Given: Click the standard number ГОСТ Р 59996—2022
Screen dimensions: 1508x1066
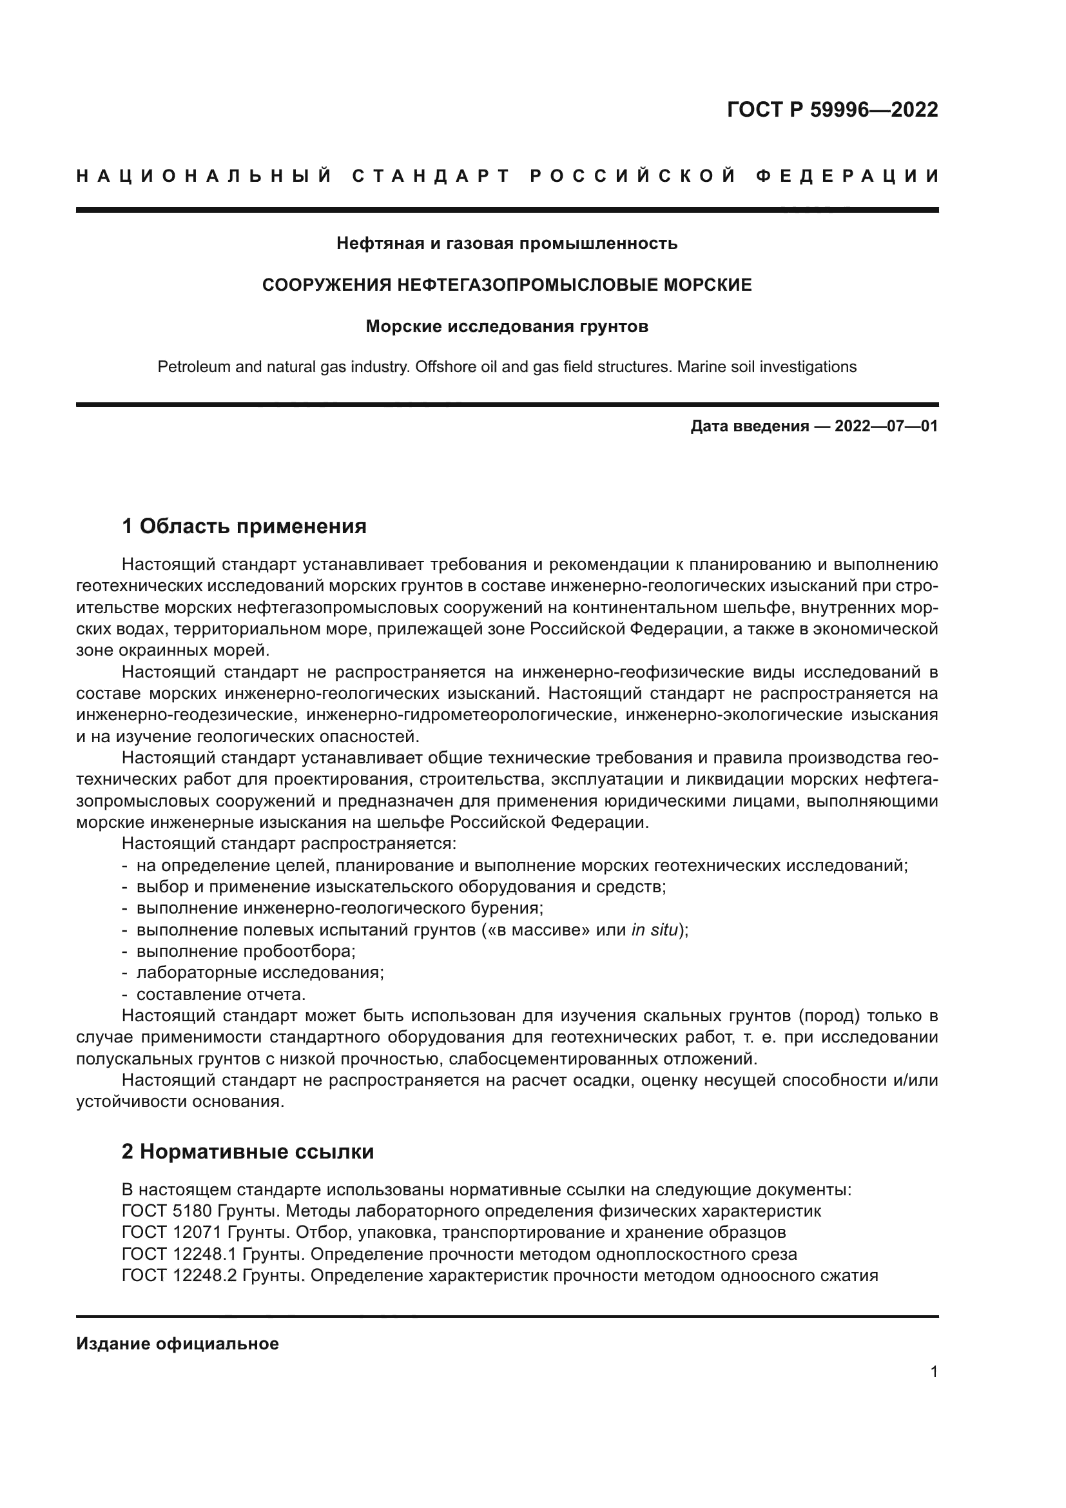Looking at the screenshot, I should (832, 110).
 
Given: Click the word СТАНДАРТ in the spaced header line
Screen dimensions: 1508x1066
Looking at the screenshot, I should (431, 176).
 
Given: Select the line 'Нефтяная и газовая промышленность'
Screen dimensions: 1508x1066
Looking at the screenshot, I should (507, 244).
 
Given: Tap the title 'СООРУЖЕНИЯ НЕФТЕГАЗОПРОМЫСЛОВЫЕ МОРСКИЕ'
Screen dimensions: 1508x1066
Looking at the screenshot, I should (507, 285).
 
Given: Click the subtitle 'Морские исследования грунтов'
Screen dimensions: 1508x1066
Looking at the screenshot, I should (507, 326).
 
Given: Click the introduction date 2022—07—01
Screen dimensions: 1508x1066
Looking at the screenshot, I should (886, 426).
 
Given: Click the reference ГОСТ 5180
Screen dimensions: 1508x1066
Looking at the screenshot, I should (168, 1211).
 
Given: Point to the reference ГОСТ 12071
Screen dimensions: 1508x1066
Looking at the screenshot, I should (172, 1232).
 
